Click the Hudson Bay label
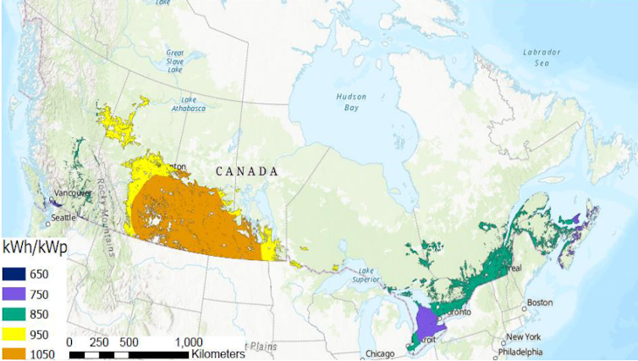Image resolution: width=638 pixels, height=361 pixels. point(350,102)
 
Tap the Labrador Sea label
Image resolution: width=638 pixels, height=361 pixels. point(542,57)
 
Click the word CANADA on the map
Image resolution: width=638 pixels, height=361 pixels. point(247,171)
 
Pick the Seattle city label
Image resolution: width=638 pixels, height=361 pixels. point(63,217)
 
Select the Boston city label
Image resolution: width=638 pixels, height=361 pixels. point(539,303)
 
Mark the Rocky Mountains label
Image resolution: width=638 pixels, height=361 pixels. point(107,221)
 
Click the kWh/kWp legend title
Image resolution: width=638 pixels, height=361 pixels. point(34,246)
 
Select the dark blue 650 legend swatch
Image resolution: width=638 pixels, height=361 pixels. point(14,274)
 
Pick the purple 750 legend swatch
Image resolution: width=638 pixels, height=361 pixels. point(14,295)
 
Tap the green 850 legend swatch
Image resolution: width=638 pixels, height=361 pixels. point(14,314)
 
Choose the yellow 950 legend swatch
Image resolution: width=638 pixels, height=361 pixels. point(14,335)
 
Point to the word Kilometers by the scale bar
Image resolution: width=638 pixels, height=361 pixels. point(222,353)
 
